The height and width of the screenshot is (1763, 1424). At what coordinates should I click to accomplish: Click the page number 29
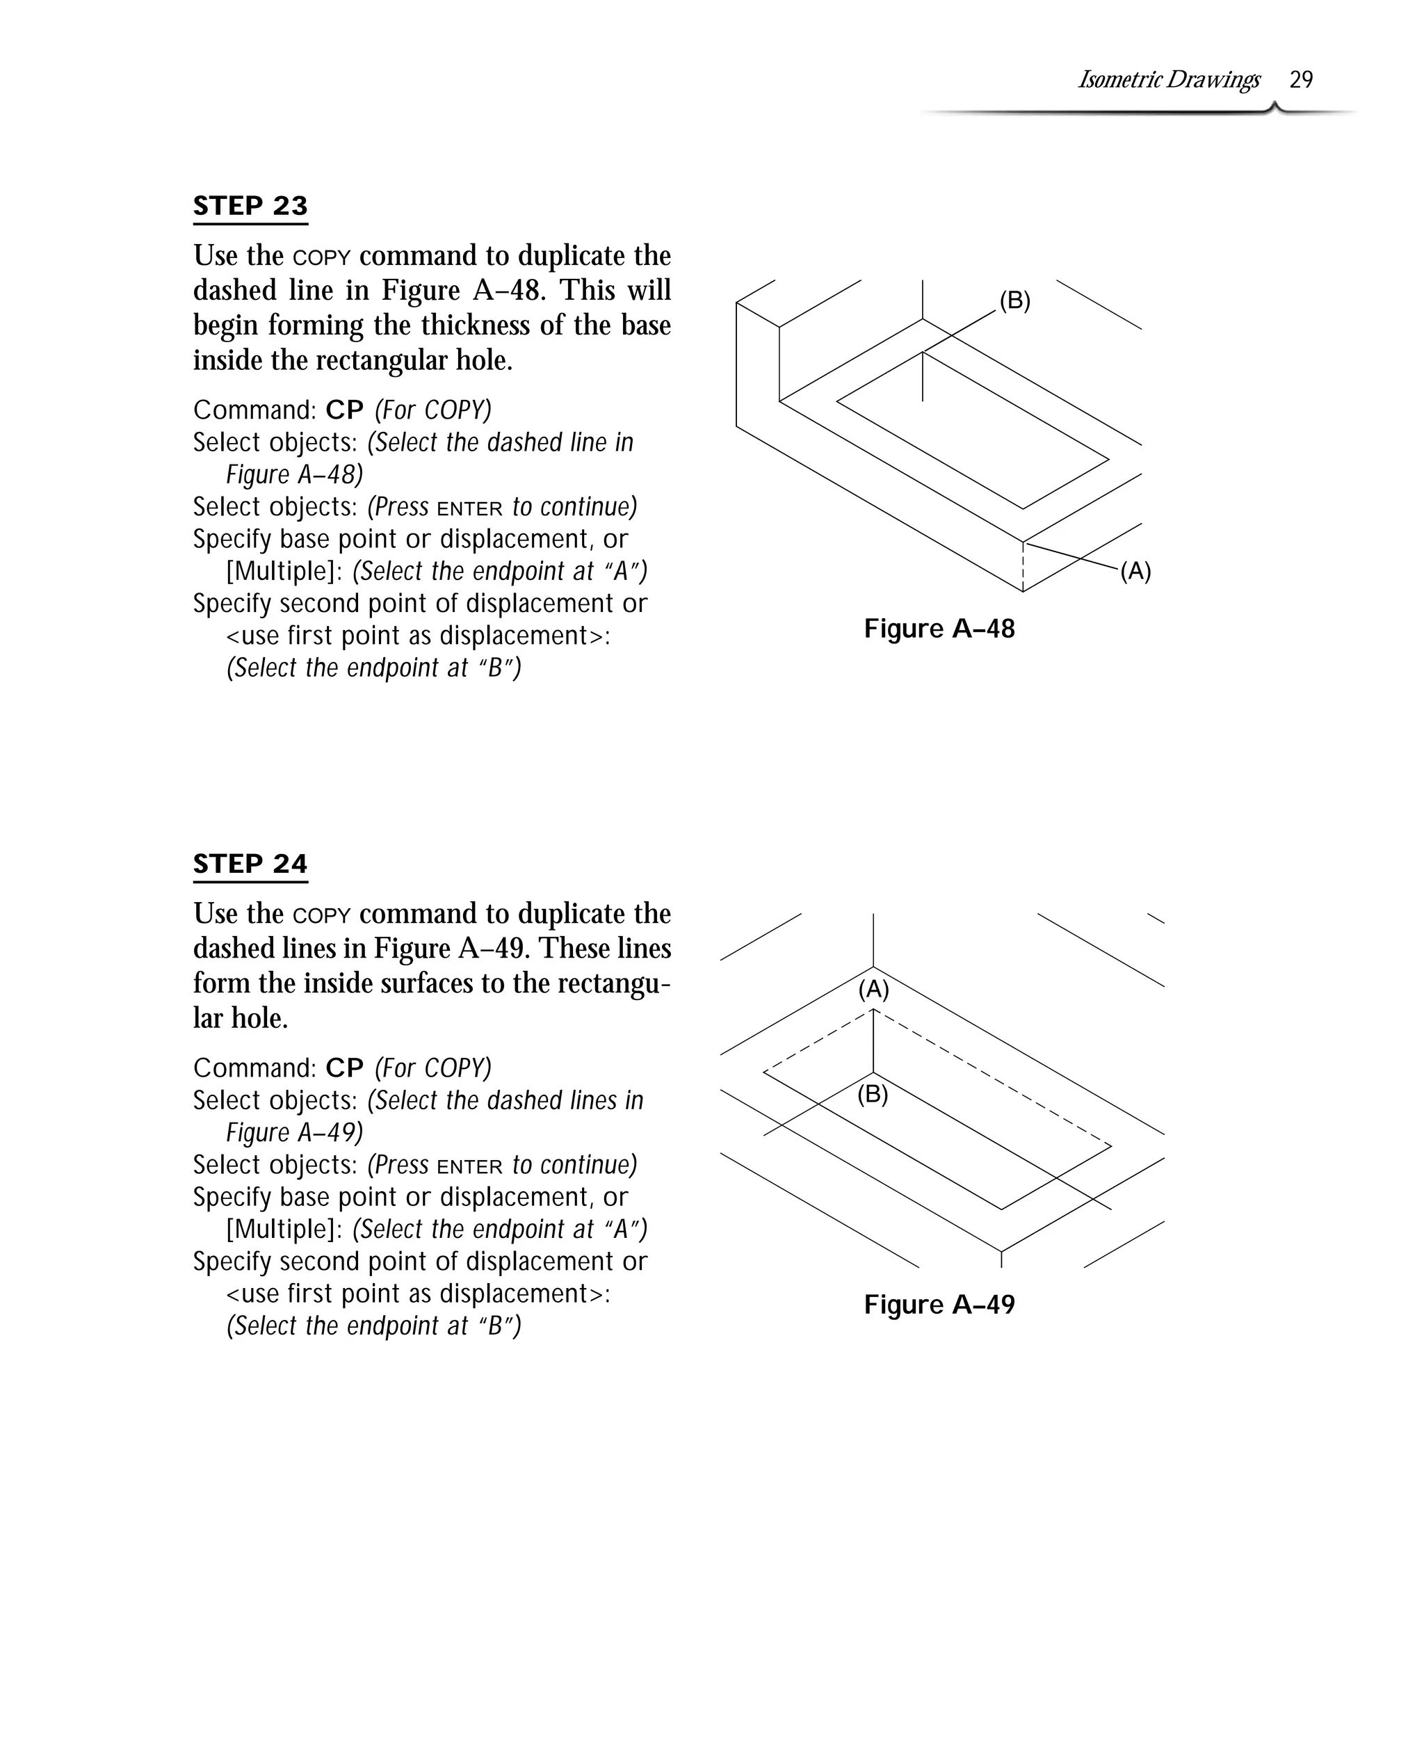tap(1301, 79)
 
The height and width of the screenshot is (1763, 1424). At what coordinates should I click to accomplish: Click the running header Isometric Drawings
tap(1168, 79)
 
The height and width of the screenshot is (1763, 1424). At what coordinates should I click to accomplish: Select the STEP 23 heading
tap(250, 205)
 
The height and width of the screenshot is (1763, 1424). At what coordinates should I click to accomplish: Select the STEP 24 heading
tap(250, 863)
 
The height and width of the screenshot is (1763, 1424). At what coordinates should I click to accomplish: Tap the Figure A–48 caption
tap(939, 629)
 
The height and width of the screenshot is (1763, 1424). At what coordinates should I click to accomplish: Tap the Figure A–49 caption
tap(939, 1305)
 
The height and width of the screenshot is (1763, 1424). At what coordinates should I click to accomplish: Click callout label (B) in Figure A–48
tap(1014, 301)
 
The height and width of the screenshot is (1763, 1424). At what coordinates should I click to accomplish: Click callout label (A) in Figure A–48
tap(1135, 571)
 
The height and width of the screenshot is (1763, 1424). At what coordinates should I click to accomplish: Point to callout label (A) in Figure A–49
tap(873, 990)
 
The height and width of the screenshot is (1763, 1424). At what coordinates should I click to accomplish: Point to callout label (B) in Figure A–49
tap(873, 1095)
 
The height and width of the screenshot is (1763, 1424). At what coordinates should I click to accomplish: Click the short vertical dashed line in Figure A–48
tap(1023, 566)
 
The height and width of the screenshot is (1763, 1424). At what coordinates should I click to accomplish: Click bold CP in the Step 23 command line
tap(344, 410)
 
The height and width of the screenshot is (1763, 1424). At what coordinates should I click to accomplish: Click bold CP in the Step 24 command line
tap(344, 1068)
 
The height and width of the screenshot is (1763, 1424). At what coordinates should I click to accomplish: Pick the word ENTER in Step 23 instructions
tap(469, 508)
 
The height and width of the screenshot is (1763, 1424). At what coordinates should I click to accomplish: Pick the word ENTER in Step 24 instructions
tap(469, 1166)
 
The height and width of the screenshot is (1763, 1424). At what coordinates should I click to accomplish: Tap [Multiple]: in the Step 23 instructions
tap(284, 571)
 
